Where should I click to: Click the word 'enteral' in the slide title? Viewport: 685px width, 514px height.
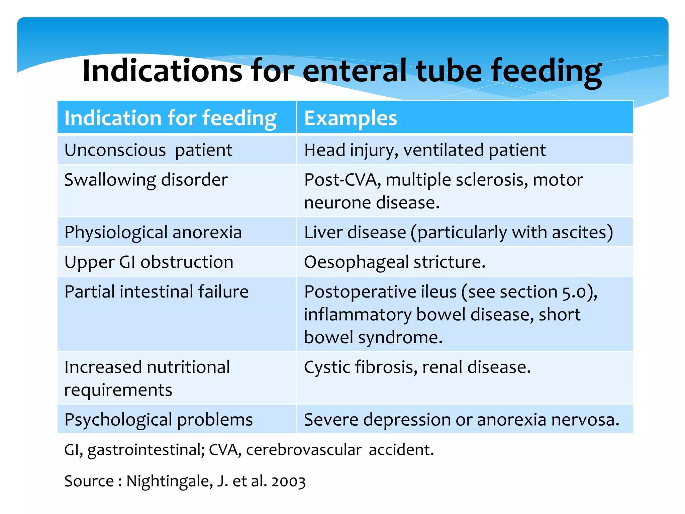[355, 71]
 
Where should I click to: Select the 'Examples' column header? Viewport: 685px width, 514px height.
[351, 118]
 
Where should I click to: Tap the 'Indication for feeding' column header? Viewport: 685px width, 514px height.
[170, 118]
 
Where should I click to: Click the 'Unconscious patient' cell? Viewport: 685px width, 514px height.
[148, 150]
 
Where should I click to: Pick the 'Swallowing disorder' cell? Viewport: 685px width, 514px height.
[146, 180]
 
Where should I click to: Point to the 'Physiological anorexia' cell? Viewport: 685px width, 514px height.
[153, 232]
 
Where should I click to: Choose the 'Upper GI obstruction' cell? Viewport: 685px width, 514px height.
[149, 262]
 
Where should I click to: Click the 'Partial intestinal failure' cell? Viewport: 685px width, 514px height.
[157, 292]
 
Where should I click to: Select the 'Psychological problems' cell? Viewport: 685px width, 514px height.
[159, 420]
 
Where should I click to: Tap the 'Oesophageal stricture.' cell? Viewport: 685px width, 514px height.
[395, 262]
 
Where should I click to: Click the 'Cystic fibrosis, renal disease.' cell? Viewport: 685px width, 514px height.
[417, 367]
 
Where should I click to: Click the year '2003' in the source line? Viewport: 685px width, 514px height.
[289, 482]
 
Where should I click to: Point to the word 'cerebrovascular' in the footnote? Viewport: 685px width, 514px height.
[304, 450]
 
